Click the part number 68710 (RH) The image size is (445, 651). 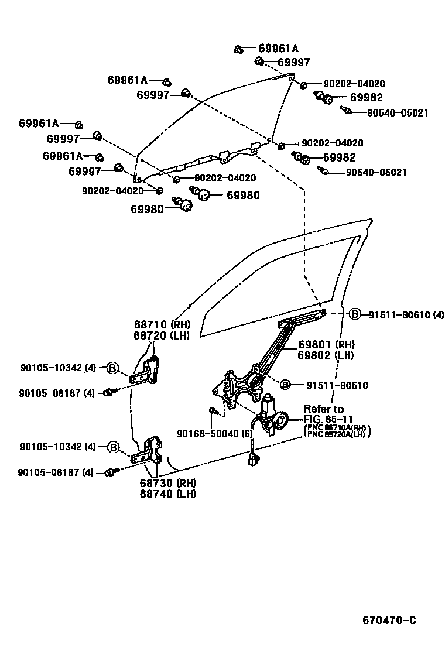(159, 324)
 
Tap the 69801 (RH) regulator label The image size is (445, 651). (326, 344)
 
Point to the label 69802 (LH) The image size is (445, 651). (326, 355)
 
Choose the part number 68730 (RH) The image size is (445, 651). (167, 483)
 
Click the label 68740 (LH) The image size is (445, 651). (167, 494)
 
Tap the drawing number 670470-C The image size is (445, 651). (389, 621)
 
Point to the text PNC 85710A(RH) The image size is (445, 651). (338, 428)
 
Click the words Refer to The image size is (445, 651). (323, 409)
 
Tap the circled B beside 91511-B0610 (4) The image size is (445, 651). (355, 315)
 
